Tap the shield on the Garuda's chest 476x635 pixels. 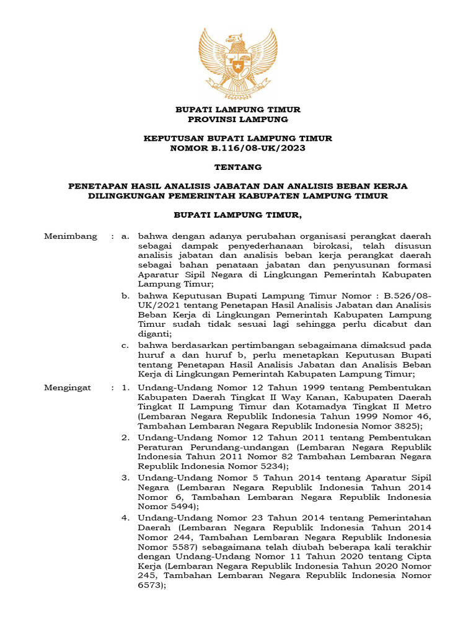pyautogui.click(x=238, y=64)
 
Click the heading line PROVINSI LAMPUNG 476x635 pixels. pyautogui.click(x=238, y=119)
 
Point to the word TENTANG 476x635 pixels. pyautogui.click(x=238, y=167)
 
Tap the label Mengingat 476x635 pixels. pyautogui.click(x=68, y=388)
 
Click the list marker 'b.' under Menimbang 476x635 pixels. pyautogui.click(x=125, y=296)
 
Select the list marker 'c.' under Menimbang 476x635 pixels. pyautogui.click(x=125, y=345)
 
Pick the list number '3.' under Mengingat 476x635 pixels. pyautogui.click(x=125, y=477)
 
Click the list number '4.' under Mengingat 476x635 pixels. pyautogui.click(x=125, y=517)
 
